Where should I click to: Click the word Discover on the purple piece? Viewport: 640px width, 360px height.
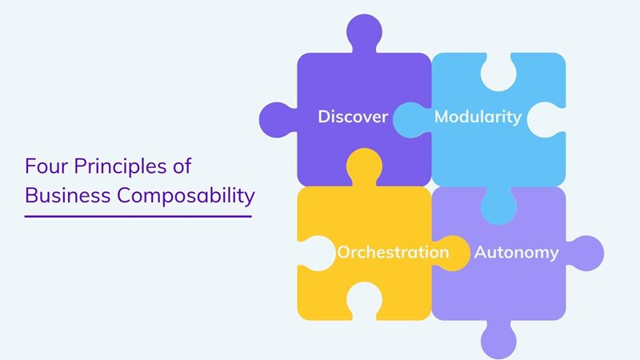point(353,117)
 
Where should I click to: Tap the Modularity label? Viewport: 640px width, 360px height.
point(478,117)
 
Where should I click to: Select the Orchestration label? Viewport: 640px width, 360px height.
point(393,252)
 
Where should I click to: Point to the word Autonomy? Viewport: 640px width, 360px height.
point(516,252)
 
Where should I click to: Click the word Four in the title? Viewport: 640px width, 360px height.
point(45,166)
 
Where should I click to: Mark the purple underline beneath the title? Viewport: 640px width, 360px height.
point(138,215)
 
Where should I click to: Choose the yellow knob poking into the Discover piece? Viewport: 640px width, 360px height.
point(364,166)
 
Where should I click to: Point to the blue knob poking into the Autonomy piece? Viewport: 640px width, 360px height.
point(498,206)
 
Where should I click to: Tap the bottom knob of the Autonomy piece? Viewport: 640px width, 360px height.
point(498,339)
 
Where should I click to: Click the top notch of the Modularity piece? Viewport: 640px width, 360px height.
point(498,74)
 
